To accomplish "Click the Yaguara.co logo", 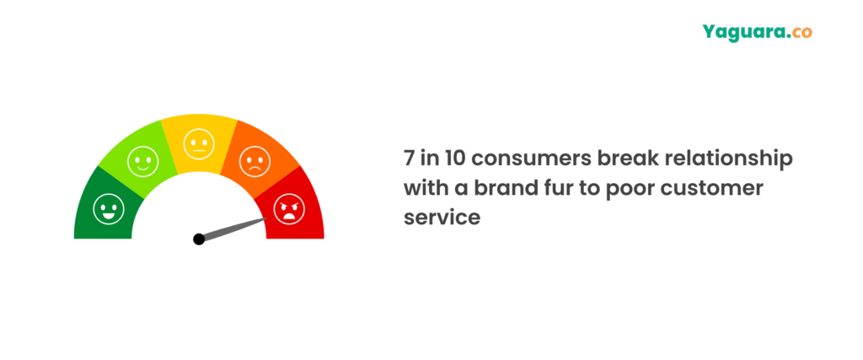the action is click(x=757, y=33).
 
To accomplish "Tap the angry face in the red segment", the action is click(x=289, y=209).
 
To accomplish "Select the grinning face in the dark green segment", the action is click(x=109, y=209).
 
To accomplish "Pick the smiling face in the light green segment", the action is click(x=143, y=161).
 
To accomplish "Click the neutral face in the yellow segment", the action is click(x=199, y=143).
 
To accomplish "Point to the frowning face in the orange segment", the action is click(x=255, y=161).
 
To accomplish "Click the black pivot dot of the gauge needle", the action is click(x=199, y=239).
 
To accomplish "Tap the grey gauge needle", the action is click(x=233, y=228).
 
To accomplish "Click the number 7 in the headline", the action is click(x=409, y=159).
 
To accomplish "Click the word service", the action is click(x=442, y=218).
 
